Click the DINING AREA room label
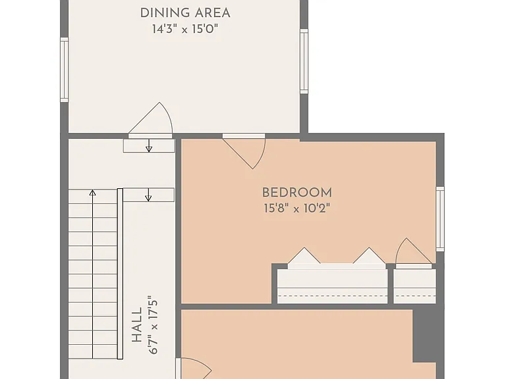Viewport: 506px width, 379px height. point(185,13)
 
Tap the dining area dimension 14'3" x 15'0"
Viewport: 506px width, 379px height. point(185,29)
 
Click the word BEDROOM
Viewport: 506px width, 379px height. point(297,193)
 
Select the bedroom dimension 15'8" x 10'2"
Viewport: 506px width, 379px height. point(297,208)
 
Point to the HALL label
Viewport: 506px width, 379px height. point(137,325)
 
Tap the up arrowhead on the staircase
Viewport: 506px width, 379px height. point(93,193)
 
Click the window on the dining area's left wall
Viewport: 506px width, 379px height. point(65,70)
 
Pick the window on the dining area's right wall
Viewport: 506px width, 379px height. point(304,61)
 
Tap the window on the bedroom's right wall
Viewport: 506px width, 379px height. point(440,219)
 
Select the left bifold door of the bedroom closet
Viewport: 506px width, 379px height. point(304,255)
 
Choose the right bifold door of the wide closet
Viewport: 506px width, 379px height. point(369,255)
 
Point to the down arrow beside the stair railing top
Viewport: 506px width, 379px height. point(148,195)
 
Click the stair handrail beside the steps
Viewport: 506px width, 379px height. point(120,274)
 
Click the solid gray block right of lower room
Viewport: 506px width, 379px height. point(424,336)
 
